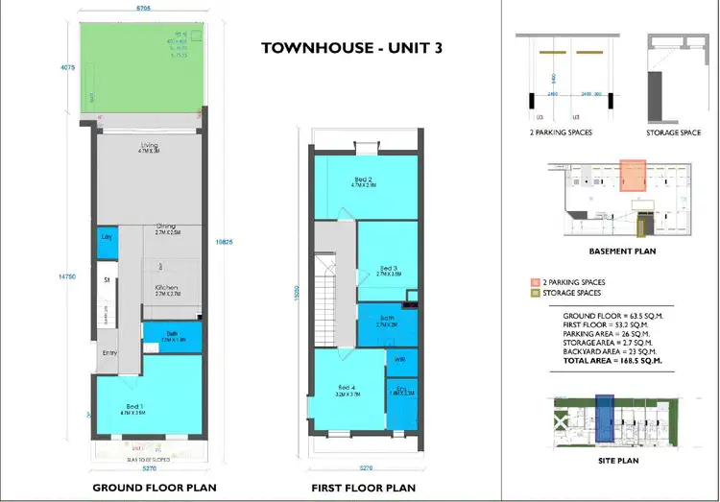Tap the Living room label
148,147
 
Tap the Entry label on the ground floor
108,354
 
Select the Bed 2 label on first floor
363,179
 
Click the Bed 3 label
388,269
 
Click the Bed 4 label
347,389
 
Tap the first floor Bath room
387,323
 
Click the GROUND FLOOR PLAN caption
154,488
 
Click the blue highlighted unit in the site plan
604,418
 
